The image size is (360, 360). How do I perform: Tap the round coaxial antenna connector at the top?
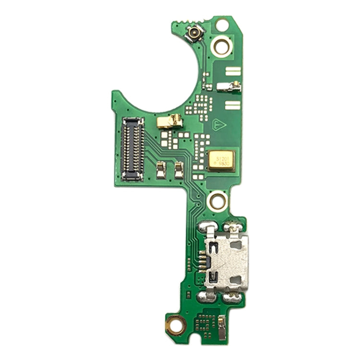(x=195, y=33)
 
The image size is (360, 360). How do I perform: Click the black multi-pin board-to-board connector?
(x=133, y=148)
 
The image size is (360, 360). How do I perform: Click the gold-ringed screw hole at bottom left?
(x=176, y=325)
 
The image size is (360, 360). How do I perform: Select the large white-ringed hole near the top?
(x=221, y=46)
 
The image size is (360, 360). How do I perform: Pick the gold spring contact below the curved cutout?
(x=169, y=121)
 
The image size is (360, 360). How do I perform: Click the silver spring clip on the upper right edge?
(x=230, y=87)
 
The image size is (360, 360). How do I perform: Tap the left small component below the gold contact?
(x=161, y=169)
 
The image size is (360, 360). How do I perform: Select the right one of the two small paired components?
(x=180, y=169)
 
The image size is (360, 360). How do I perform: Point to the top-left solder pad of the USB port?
(x=205, y=228)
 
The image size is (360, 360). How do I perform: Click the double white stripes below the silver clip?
(x=233, y=105)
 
